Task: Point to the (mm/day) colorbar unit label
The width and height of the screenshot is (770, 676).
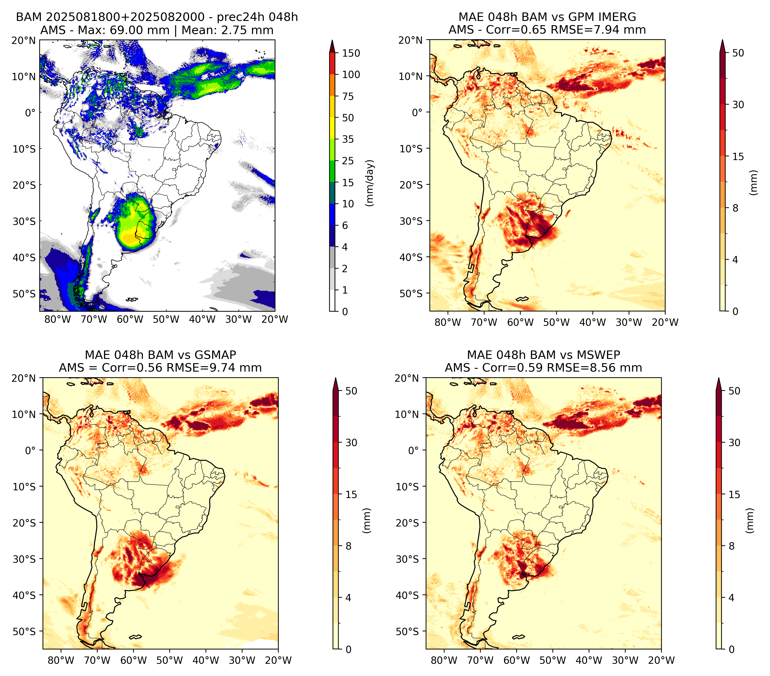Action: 370,183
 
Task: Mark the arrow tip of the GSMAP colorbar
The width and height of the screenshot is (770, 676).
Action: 336,378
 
